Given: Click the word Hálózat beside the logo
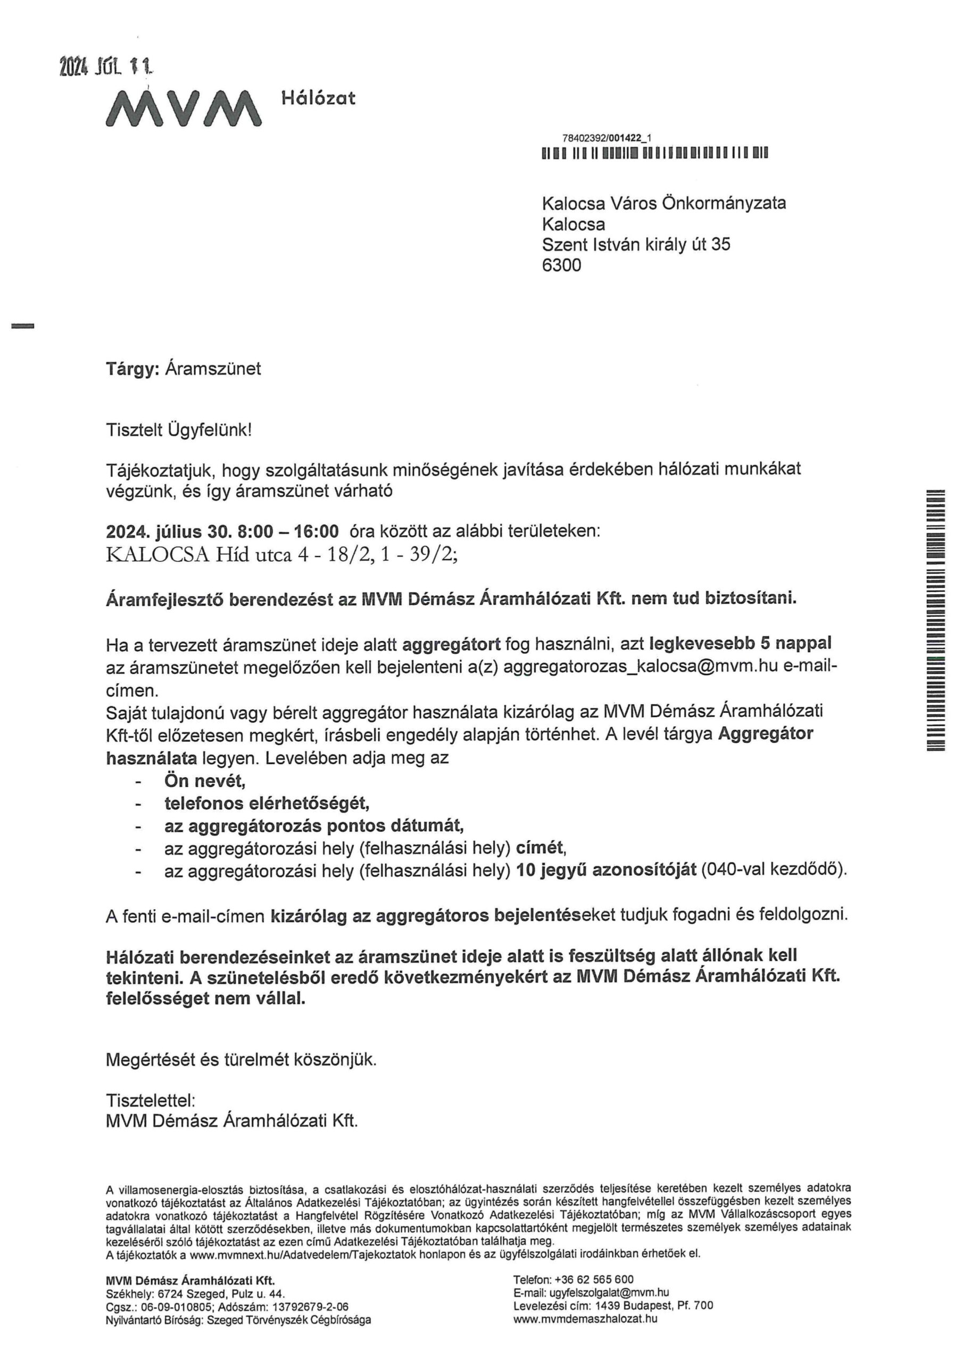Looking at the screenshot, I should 318,98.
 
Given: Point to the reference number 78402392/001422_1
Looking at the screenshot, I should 607,138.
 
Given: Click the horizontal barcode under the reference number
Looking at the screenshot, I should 655,154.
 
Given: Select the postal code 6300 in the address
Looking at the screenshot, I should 561,265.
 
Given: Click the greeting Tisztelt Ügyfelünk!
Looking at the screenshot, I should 179,429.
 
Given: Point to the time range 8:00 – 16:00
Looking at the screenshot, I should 288,530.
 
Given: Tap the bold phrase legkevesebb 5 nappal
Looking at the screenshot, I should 741,643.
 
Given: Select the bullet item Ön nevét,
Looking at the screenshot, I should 205,780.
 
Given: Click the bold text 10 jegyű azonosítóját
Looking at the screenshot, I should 606,870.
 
